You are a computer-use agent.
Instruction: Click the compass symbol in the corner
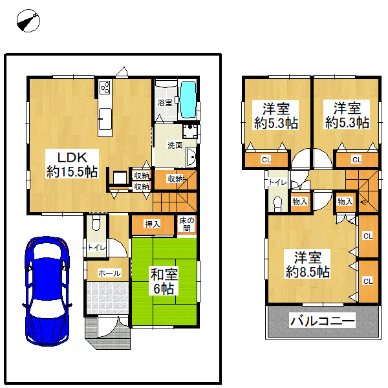pyautogui.click(x=28, y=21)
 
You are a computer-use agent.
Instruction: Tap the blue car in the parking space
pyautogui.click(x=47, y=291)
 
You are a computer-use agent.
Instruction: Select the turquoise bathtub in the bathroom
pyautogui.click(x=189, y=100)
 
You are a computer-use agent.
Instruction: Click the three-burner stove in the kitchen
pyautogui.click(x=105, y=87)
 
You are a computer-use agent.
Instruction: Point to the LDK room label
pyautogui.click(x=72, y=164)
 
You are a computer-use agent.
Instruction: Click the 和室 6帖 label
pyautogui.click(x=164, y=281)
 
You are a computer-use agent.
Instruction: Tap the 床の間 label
pyautogui.click(x=187, y=224)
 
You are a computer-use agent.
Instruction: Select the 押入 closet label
pyautogui.click(x=153, y=224)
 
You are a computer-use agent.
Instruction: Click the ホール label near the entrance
pyautogui.click(x=110, y=274)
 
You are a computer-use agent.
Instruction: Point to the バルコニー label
pyautogui.click(x=323, y=321)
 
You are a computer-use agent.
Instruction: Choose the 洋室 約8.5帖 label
pyautogui.click(x=308, y=264)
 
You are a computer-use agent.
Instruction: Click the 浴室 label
pyautogui.click(x=165, y=103)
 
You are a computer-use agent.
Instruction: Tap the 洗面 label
pyautogui.click(x=175, y=145)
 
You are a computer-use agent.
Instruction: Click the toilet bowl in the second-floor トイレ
pyautogui.click(x=278, y=204)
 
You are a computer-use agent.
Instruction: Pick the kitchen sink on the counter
pyautogui.click(x=105, y=119)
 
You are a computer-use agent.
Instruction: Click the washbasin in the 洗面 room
pyautogui.click(x=191, y=156)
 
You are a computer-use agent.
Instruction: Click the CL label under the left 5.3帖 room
pyautogui.click(x=266, y=160)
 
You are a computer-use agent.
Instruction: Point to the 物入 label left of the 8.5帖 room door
pyautogui.click(x=300, y=202)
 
